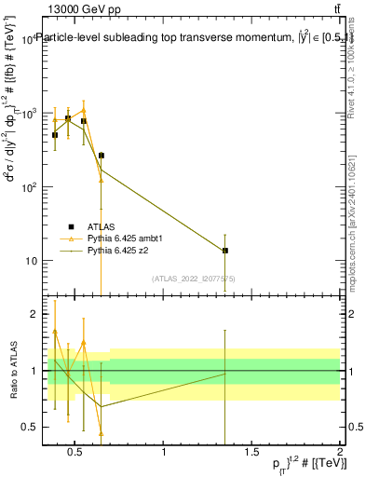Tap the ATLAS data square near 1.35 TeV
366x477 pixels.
225,251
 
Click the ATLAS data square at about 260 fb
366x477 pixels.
101,156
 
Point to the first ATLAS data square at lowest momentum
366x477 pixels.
55,135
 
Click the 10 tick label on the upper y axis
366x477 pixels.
31,261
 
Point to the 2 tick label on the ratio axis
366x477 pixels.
34,314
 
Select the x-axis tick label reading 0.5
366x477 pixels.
76,453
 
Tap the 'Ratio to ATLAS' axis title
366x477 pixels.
12,370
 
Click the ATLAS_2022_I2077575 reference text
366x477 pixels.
194,279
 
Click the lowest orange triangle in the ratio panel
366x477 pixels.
101,433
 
